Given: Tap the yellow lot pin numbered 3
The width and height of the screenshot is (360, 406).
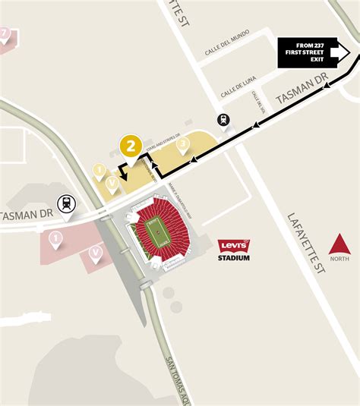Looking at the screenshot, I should pos(182,144).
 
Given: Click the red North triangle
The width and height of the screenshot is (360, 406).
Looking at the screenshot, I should pos(339,245).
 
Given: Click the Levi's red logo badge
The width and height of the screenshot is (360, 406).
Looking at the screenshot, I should pos(234,246).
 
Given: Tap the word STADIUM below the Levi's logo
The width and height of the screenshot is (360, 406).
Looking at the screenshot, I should pos(234,258).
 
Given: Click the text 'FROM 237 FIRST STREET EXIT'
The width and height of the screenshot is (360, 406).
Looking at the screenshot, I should pos(306,52).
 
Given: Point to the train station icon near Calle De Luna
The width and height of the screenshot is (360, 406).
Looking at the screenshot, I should pos(223,120).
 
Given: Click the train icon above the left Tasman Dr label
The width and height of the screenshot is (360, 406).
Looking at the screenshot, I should pos(68,203).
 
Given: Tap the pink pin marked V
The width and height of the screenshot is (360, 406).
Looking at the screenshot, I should pos(95,253).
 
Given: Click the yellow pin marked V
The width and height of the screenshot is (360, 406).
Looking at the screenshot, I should pos(112,182).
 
